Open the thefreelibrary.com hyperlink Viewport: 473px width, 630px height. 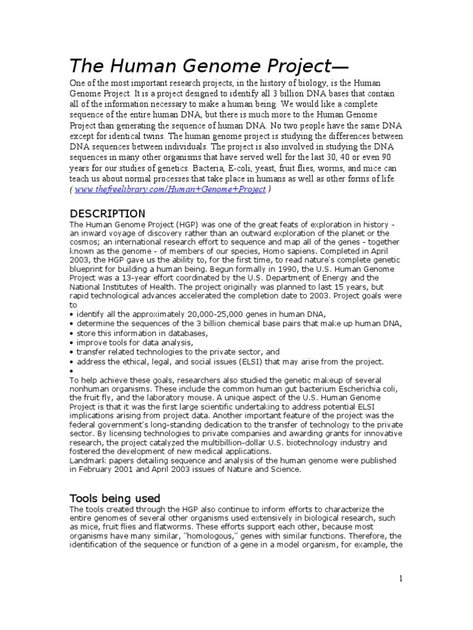click(170, 189)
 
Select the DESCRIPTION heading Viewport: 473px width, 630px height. click(107, 213)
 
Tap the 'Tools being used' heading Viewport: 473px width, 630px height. click(115, 498)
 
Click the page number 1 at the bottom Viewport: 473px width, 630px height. click(401, 578)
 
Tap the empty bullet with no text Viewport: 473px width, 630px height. click(71, 371)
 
